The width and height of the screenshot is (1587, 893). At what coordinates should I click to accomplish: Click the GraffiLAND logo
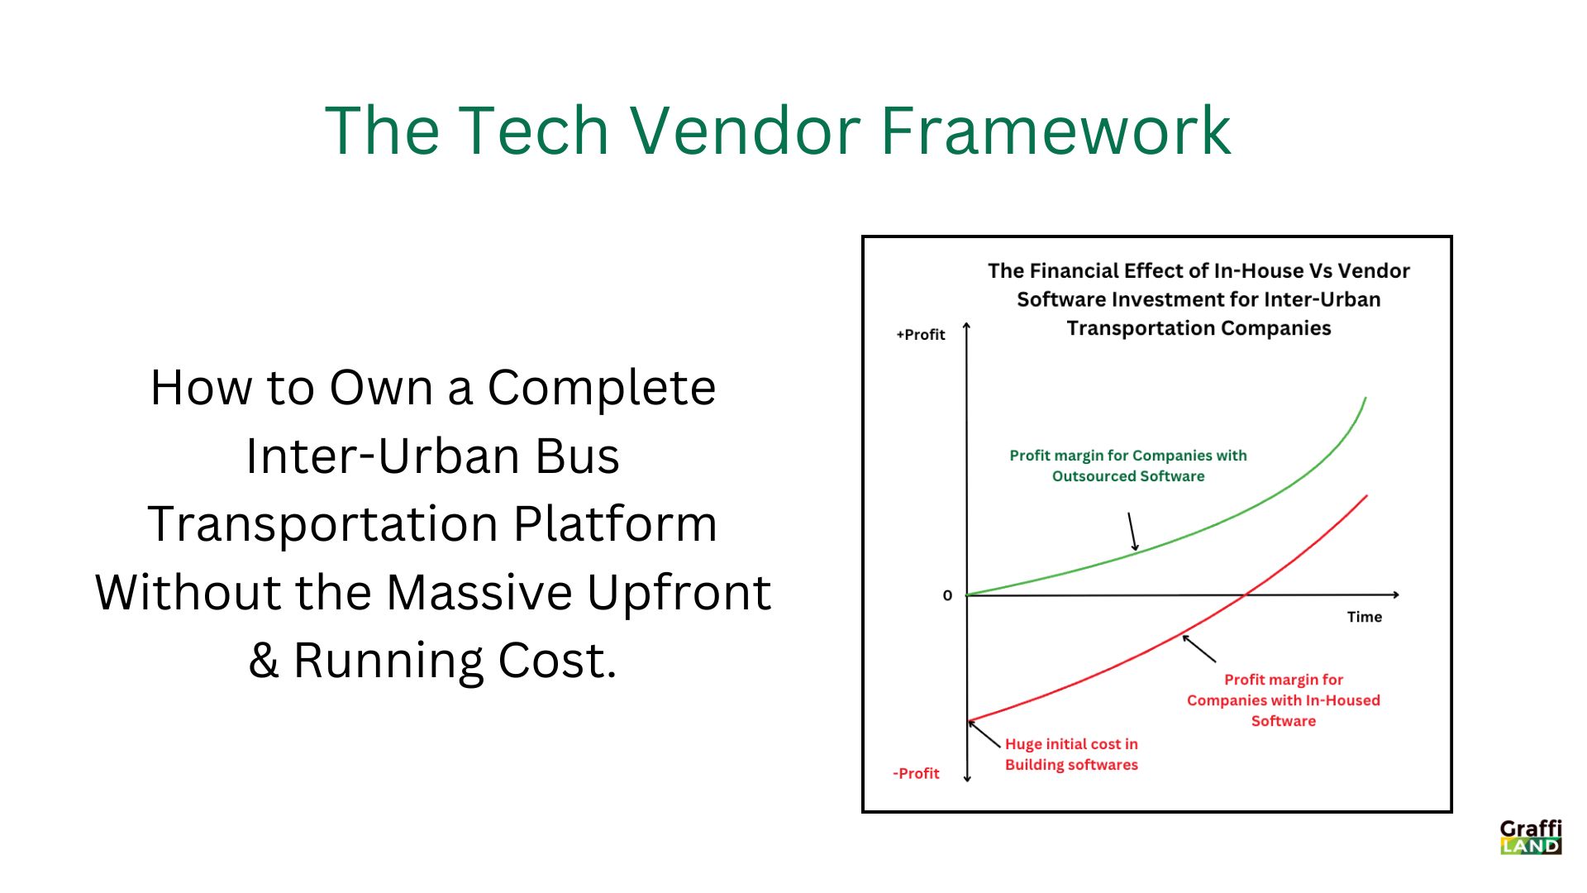pos(1531,837)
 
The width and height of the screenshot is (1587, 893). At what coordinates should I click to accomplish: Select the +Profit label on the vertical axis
pos(920,335)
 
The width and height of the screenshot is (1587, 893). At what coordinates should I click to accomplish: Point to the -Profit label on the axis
pos(916,774)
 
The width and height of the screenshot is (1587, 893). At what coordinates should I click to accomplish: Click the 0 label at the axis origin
pos(947,595)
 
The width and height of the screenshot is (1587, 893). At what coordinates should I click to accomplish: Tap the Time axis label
pos(1364,617)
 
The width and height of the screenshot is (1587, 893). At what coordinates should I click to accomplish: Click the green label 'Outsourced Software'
pos(1127,476)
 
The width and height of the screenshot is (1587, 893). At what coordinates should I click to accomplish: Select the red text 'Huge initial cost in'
pos(1071,744)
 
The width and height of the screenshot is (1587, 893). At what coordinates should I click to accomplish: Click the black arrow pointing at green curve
pos(1133,531)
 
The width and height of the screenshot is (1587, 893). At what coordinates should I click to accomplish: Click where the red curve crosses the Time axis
pos(1245,595)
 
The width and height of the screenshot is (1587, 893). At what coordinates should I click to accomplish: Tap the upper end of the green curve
pos(1365,399)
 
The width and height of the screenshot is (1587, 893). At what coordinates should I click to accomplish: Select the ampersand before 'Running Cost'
pos(264,661)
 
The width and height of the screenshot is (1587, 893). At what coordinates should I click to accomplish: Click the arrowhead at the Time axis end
pos(1396,595)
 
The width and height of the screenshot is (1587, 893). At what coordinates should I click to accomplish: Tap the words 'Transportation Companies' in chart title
pos(1198,328)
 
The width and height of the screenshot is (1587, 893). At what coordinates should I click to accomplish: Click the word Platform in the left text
pos(615,524)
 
